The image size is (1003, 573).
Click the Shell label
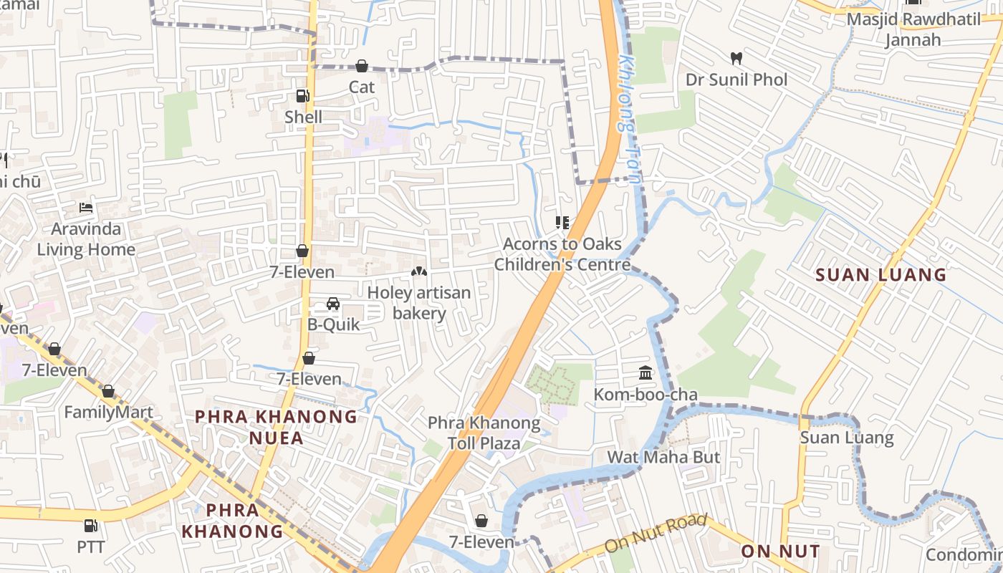click(303, 117)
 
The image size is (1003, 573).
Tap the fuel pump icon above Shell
click(303, 95)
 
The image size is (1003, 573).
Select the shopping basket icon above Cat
click(362, 66)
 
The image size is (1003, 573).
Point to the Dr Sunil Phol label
click(736, 80)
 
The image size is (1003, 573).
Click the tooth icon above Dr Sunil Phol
click(736, 57)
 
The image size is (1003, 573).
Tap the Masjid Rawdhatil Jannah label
click(913, 29)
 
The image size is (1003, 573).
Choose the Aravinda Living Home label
click(86, 239)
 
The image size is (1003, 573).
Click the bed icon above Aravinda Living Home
click(86, 208)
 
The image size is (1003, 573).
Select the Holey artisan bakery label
click(419, 303)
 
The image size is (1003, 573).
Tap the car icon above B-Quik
click(333, 304)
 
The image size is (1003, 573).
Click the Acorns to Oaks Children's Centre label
click(562, 254)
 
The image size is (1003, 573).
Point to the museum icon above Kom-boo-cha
click(645, 372)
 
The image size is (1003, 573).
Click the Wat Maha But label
click(663, 457)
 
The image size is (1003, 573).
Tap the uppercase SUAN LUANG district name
click(881, 275)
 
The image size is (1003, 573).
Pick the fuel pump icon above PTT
click(91, 526)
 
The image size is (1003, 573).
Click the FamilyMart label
click(108, 413)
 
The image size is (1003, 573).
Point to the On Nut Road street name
click(656, 533)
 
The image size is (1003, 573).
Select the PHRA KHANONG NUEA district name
click(277, 427)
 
